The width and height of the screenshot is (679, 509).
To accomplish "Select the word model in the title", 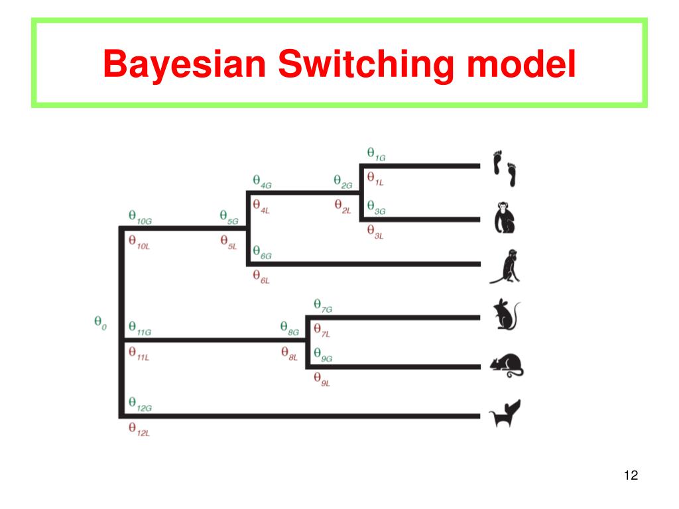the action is (x=521, y=64).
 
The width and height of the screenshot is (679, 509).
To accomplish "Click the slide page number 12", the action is (x=631, y=475).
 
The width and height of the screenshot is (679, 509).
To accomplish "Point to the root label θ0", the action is (x=100, y=324).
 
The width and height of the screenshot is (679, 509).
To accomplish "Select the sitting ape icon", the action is (x=505, y=219).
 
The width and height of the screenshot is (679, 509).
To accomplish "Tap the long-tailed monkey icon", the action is (x=505, y=266).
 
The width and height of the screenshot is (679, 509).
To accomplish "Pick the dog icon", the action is (x=505, y=414).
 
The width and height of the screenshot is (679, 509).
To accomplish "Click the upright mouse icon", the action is (x=507, y=315).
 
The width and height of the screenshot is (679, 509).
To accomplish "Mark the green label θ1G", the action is (x=376, y=154).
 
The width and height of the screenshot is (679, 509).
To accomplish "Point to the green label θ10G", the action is (x=140, y=217).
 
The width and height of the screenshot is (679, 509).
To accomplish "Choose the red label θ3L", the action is (x=375, y=231).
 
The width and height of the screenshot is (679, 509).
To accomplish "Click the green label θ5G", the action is (x=229, y=217).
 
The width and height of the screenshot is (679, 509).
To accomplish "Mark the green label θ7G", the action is (x=323, y=306).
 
